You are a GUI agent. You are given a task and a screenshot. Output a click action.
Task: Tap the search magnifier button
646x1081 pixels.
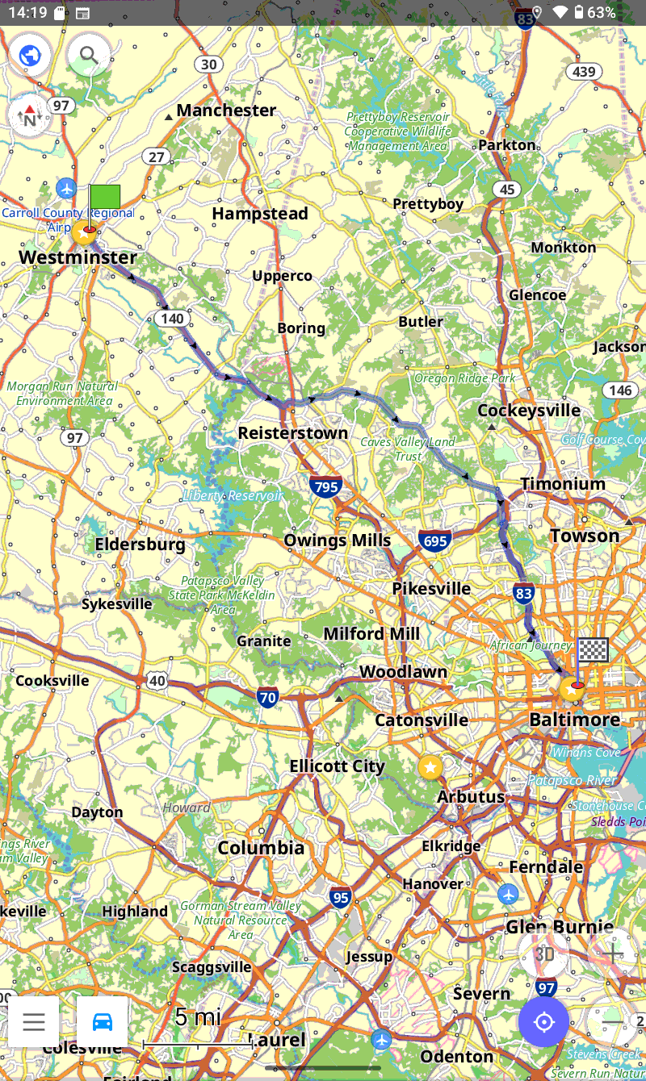pyautogui.click(x=89, y=56)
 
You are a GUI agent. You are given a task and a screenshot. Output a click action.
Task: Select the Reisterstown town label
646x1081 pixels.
pyautogui.click(x=292, y=433)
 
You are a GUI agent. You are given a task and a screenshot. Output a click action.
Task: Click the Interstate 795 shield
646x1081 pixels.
pyautogui.click(x=325, y=486)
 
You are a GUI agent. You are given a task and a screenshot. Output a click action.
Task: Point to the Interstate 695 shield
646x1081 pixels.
pyautogui.click(x=435, y=541)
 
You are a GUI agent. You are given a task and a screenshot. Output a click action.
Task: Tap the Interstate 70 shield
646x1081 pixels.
pyautogui.click(x=268, y=697)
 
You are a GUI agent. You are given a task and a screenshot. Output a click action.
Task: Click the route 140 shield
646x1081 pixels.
pyautogui.click(x=172, y=319)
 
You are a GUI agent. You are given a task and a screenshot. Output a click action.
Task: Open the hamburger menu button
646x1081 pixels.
pyautogui.click(x=34, y=1022)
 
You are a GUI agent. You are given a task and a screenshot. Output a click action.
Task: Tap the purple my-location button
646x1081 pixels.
pyautogui.click(x=544, y=1022)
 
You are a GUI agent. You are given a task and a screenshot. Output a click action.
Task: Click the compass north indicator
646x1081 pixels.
pyautogui.click(x=30, y=116)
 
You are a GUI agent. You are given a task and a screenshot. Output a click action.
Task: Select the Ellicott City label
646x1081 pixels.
pyautogui.click(x=337, y=766)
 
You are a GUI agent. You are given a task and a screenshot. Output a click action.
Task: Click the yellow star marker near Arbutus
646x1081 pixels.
pyautogui.click(x=430, y=767)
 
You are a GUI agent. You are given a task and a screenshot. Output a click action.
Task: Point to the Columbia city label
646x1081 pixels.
pyautogui.click(x=261, y=847)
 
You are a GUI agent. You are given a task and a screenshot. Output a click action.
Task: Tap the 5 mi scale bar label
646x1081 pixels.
pyautogui.click(x=197, y=1017)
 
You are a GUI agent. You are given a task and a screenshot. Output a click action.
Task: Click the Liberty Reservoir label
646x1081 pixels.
pyautogui.click(x=233, y=495)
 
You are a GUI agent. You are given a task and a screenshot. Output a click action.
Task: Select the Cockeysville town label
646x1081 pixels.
pyautogui.click(x=529, y=411)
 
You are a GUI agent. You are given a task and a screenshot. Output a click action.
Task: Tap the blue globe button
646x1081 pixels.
pyautogui.click(x=31, y=56)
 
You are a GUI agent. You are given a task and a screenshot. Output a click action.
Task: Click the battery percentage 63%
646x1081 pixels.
pyautogui.click(x=602, y=12)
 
